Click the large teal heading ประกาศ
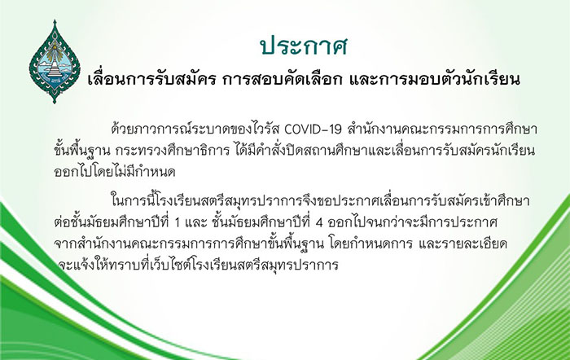point(304,46)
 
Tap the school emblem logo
point(55,62)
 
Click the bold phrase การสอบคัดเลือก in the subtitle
point(283,79)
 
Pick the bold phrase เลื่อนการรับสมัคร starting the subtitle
point(153,79)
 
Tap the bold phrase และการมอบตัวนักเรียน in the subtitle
point(434,79)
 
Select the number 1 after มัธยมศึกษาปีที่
point(178,222)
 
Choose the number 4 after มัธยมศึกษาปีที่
point(319,222)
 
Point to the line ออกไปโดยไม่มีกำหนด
point(115,171)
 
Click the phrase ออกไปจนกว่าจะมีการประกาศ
point(412,222)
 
